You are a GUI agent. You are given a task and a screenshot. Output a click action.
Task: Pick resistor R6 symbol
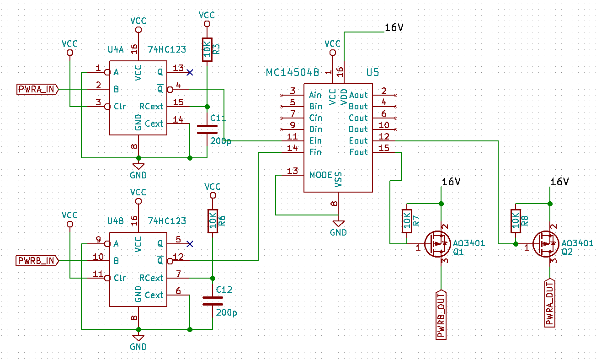pos(213,221)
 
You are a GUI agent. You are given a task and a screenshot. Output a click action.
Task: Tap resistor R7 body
pos(407,221)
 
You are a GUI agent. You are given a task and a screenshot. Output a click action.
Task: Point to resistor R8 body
pos(516,221)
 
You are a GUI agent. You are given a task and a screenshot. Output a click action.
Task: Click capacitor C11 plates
pos(207,129)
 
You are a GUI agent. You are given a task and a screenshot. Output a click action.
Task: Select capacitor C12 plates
pos(213,301)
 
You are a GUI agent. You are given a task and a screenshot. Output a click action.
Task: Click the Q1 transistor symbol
pos(438,243)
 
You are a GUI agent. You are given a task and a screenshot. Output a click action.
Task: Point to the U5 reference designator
pos(372,73)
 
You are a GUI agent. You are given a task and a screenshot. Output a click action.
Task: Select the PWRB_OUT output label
pos(441,314)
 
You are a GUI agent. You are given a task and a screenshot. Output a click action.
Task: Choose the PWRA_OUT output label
pos(550,303)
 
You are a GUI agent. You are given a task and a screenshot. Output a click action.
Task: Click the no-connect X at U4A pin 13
pos(190,72)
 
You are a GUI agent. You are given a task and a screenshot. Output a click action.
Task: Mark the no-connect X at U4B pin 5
pos(190,243)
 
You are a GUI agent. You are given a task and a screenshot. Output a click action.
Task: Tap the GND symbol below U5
pos(338,224)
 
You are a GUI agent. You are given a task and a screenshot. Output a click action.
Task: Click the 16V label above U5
pos(394,28)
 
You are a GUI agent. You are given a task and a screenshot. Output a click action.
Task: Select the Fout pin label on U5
pos(358,152)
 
